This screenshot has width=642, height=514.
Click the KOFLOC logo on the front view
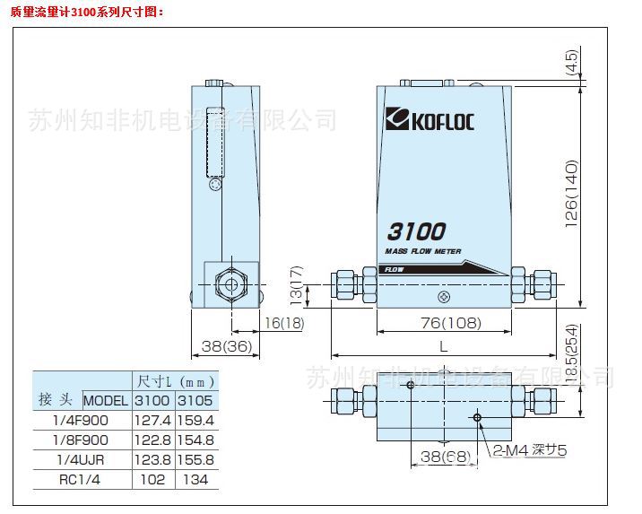pyautogui.click(x=429, y=120)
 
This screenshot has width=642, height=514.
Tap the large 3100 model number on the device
pyautogui.click(x=417, y=231)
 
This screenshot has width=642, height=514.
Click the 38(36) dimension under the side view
pyautogui.click(x=220, y=345)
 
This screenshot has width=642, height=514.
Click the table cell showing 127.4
pyautogui.click(x=151, y=420)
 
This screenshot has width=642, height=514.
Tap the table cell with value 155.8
pyautogui.click(x=195, y=459)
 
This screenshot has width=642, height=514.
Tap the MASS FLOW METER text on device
pyautogui.click(x=422, y=252)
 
